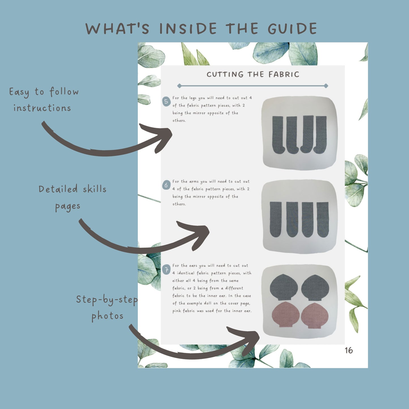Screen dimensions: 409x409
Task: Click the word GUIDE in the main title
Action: pos(292,28)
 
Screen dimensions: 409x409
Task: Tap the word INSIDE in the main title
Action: pos(188,28)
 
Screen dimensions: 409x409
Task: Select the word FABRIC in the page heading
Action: pos(284,74)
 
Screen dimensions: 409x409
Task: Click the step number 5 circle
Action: pos(166,101)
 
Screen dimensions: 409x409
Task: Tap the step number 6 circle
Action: pos(166,185)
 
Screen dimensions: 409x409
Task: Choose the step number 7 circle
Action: pos(166,270)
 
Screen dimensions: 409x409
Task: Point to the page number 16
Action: pos(349,350)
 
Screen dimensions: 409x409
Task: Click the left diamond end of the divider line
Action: pos(179,86)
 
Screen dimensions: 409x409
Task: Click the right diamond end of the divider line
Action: pos(326,86)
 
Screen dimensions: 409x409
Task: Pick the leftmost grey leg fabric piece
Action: pos(278,134)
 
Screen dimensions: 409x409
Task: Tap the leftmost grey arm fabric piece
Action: pos(276,219)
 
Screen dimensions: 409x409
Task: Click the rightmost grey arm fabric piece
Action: pos(323,219)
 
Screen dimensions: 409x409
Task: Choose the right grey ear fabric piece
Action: pos(315,287)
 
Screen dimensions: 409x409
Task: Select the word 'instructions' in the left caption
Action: pos(42,108)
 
